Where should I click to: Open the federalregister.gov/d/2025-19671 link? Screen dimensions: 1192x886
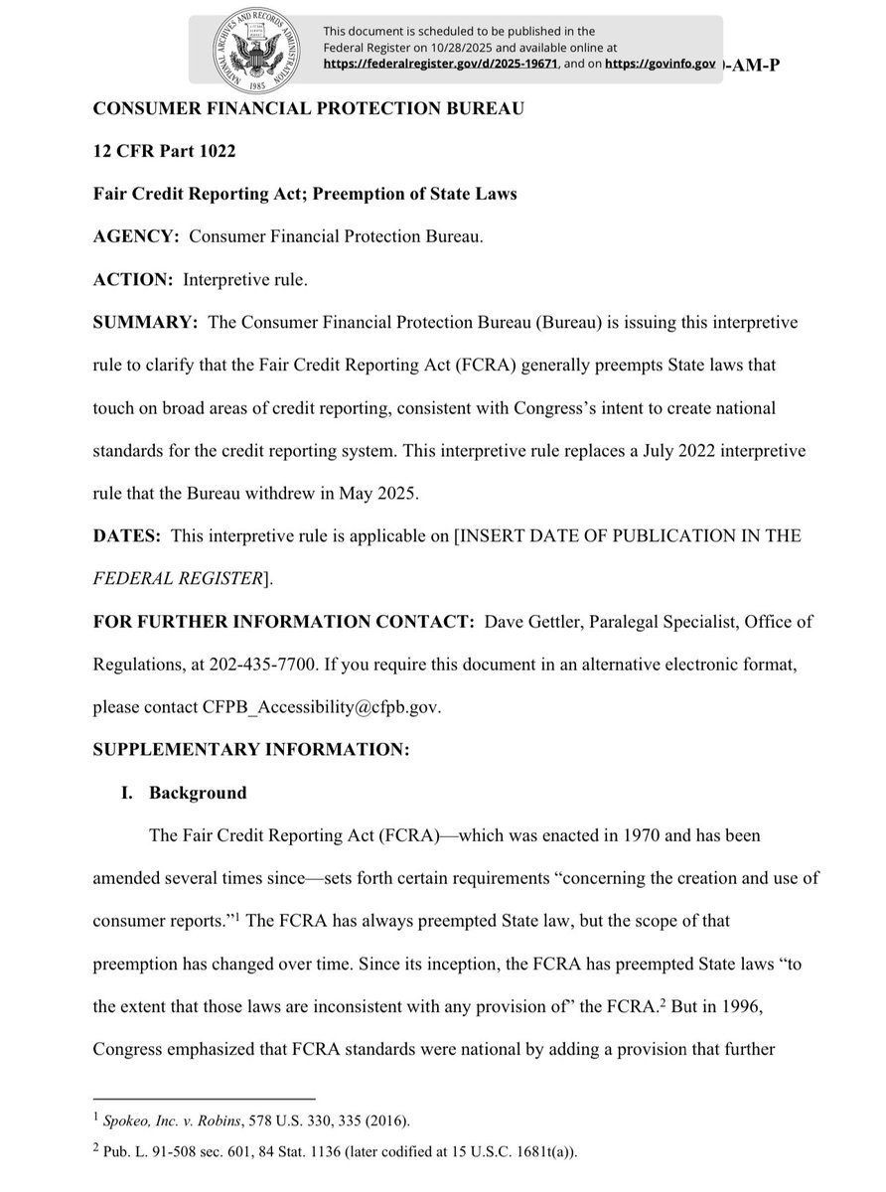pos(442,64)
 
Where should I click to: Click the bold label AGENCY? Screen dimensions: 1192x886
pos(136,236)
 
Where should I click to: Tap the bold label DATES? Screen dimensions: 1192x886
pos(127,535)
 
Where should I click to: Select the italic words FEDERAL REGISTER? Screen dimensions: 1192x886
pos(177,578)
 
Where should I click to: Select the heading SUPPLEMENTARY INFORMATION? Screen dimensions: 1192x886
pos(250,751)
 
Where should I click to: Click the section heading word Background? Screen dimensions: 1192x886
pos(198,794)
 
